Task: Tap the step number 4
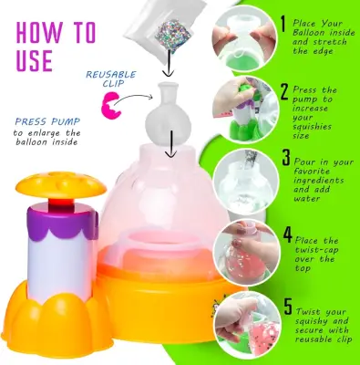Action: coord(284,235)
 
